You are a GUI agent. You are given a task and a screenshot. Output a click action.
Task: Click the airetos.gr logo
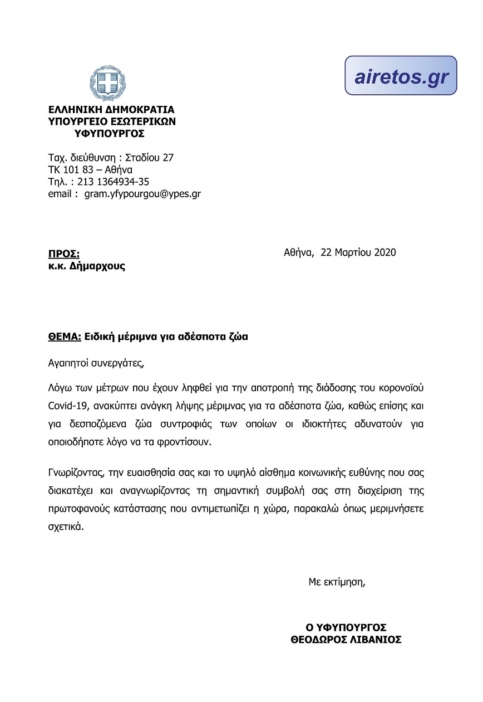(401, 76)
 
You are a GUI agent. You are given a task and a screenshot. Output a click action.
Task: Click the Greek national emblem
(110, 84)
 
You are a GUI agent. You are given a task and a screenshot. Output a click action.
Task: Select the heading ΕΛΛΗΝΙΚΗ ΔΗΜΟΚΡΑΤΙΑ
(111, 109)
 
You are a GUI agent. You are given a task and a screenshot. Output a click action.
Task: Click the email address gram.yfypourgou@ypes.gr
(142, 194)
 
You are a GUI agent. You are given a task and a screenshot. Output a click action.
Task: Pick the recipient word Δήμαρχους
(97, 266)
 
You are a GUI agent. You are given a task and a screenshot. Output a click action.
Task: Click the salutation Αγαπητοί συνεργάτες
(96, 364)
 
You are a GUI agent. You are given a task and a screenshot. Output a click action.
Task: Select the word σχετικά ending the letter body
(66, 526)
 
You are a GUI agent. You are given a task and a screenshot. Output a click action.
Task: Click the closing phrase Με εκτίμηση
(337, 583)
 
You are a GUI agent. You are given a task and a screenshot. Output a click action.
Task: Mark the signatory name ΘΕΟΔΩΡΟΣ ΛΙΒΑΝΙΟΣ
(346, 640)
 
